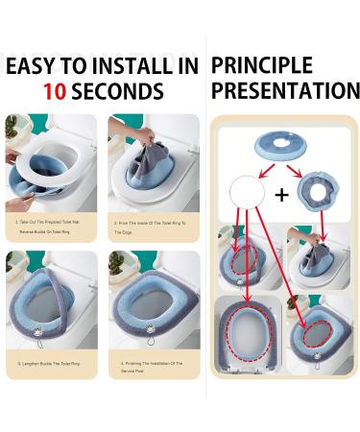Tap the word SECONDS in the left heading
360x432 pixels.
click(120, 93)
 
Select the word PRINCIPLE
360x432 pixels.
click(261, 66)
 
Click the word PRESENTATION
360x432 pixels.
click(285, 92)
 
